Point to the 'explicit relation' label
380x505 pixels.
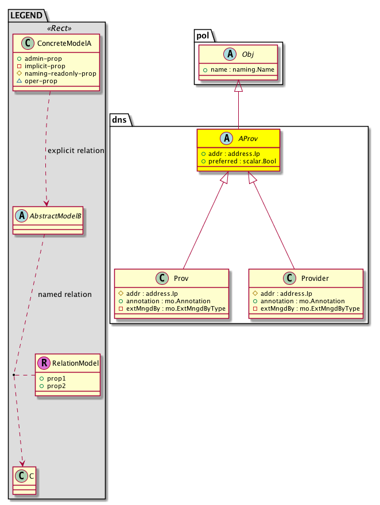click(76, 151)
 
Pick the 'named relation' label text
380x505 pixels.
click(64, 295)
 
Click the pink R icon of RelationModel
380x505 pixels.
click(44, 363)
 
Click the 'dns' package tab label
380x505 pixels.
click(120, 119)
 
